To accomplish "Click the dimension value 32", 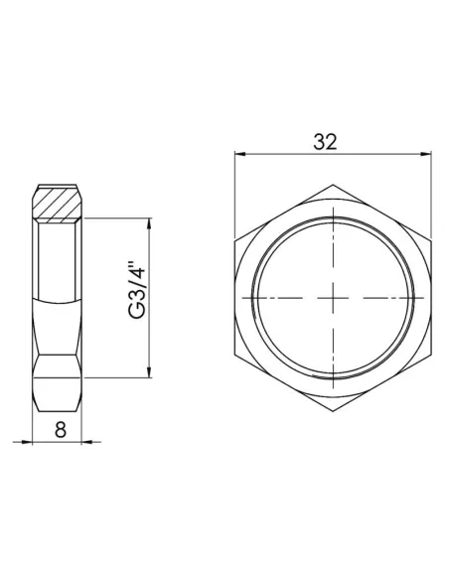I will [325, 141].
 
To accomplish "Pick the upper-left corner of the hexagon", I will [235, 241].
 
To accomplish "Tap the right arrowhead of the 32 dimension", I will [412, 154].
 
